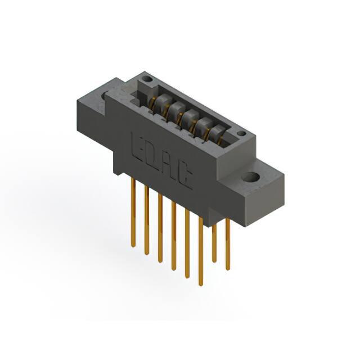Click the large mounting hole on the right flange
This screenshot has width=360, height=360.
coord(250,177)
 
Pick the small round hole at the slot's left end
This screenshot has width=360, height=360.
coord(147,80)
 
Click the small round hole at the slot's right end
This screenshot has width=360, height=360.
coord(241,133)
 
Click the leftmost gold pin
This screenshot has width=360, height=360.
coord(133,213)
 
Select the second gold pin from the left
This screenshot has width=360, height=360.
coord(147,220)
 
